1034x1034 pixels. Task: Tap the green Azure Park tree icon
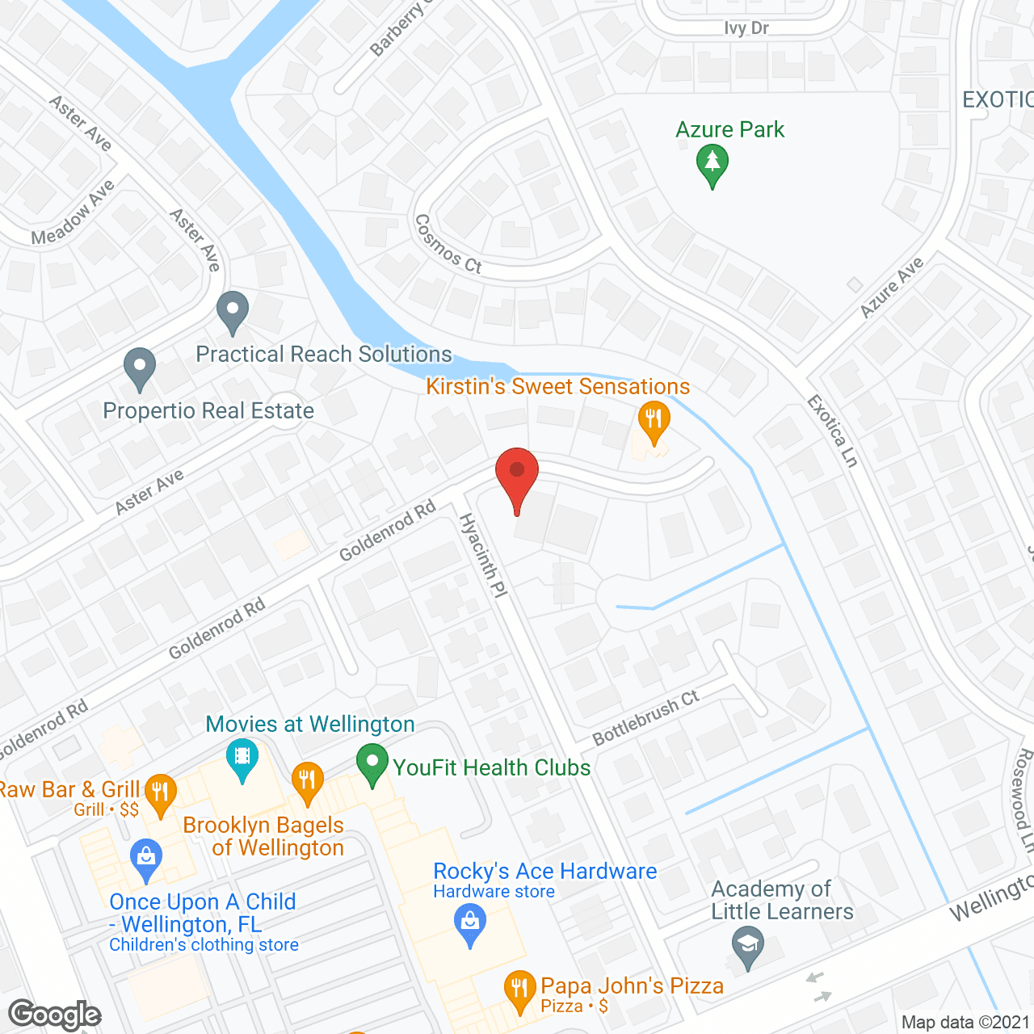point(712,163)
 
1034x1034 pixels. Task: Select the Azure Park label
point(729,129)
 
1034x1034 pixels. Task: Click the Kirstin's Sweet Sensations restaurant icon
point(654,420)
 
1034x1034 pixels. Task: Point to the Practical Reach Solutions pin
point(233,311)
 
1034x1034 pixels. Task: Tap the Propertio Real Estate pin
point(140,368)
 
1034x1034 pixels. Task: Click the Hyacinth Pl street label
point(483,556)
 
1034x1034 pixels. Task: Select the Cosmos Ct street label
point(448,243)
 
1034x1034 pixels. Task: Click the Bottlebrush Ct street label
point(645,718)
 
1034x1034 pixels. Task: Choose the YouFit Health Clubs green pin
point(372,764)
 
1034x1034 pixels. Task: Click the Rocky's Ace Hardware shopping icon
point(470,922)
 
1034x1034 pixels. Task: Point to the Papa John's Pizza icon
point(519,989)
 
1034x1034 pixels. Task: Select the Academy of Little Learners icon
point(748,944)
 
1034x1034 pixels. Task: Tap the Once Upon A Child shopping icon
point(146,859)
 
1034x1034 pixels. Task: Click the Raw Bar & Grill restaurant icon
point(161,793)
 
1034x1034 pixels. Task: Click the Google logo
point(55,1014)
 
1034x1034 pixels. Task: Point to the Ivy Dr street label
point(746,28)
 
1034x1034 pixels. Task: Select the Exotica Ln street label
point(833,431)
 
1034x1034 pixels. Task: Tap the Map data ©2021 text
point(965,1022)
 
